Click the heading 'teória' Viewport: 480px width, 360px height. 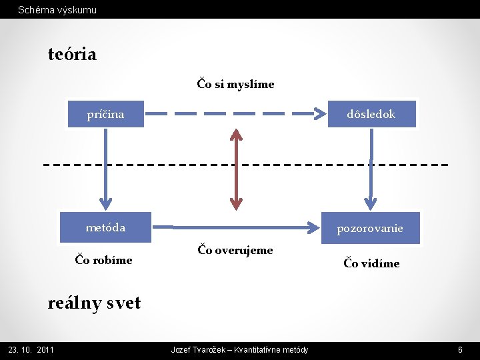(x=72, y=54)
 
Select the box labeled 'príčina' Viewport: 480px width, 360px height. (x=105, y=114)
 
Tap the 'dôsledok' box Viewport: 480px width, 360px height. (x=371, y=114)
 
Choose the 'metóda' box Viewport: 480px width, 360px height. (x=105, y=227)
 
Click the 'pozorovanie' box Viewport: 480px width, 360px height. (x=370, y=228)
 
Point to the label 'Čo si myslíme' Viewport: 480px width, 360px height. (x=235, y=84)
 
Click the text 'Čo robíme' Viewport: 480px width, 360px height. (x=103, y=260)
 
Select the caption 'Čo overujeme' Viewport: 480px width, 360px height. (x=235, y=250)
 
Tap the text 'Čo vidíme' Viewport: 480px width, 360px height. (x=371, y=263)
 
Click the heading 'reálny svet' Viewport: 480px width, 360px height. (x=94, y=303)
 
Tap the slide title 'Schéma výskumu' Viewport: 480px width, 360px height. (x=57, y=10)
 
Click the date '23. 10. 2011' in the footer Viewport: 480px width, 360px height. (x=31, y=350)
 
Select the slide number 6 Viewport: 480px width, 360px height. (x=460, y=350)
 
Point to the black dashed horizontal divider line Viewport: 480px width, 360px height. (x=133, y=164)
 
